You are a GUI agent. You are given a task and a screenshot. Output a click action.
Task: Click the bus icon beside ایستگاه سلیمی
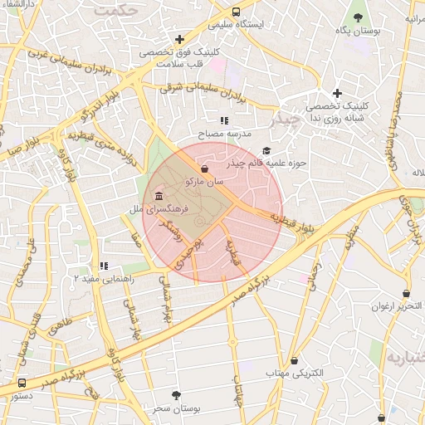pyautogui.click(x=237, y=12)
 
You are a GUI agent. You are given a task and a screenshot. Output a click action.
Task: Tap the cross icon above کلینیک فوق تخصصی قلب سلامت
pyautogui.click(x=179, y=39)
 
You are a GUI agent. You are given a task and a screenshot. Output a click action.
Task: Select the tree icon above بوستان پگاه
pyautogui.click(x=359, y=17)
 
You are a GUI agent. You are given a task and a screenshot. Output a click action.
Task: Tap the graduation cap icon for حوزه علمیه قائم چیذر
pyautogui.click(x=266, y=150)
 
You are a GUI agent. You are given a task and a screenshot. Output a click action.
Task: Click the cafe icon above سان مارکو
pyautogui.click(x=204, y=169)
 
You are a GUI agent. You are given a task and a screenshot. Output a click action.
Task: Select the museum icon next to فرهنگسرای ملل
pyautogui.click(x=159, y=196)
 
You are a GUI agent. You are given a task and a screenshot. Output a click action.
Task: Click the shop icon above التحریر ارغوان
pyautogui.click(x=406, y=293)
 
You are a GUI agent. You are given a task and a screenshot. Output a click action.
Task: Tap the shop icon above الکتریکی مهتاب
pyautogui.click(x=295, y=361)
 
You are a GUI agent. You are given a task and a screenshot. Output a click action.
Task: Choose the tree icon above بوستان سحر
pyautogui.click(x=175, y=396)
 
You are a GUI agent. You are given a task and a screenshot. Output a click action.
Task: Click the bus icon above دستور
pyautogui.click(x=22, y=383)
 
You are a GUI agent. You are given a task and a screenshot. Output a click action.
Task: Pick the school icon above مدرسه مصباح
pyautogui.click(x=224, y=120)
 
